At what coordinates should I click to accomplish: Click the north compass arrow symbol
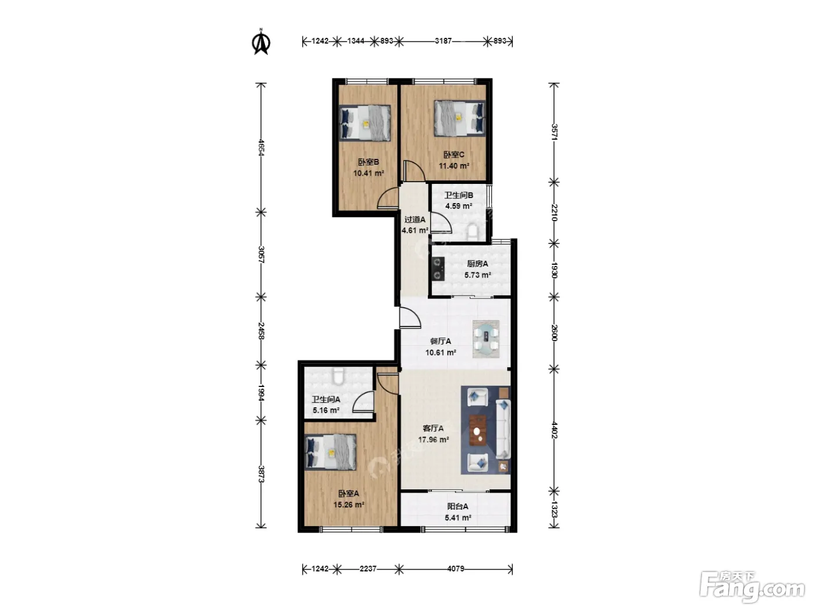pos(261,42)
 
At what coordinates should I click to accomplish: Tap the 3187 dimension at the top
pos(444,41)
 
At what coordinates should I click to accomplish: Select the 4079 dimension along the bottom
pos(456,569)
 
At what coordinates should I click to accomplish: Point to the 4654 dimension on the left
pos(261,147)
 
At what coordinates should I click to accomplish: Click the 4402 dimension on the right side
pos(554,430)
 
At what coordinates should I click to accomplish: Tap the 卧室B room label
pos(368,162)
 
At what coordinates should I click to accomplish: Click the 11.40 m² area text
pos(453,165)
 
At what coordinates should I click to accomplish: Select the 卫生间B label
pos(459,195)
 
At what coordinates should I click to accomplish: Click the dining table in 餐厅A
pos(486,339)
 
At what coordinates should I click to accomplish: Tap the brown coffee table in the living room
pos(478,430)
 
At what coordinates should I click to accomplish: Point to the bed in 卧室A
pos(331,452)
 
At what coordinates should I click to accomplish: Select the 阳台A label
pos(458,506)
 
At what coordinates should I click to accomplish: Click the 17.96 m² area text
pos(433,439)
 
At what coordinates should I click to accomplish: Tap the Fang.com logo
pos(752,587)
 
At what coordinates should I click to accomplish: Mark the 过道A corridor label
pos(414,219)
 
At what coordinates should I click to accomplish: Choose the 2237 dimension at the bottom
pos(368,569)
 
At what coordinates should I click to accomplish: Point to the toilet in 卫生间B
pos(473,231)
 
